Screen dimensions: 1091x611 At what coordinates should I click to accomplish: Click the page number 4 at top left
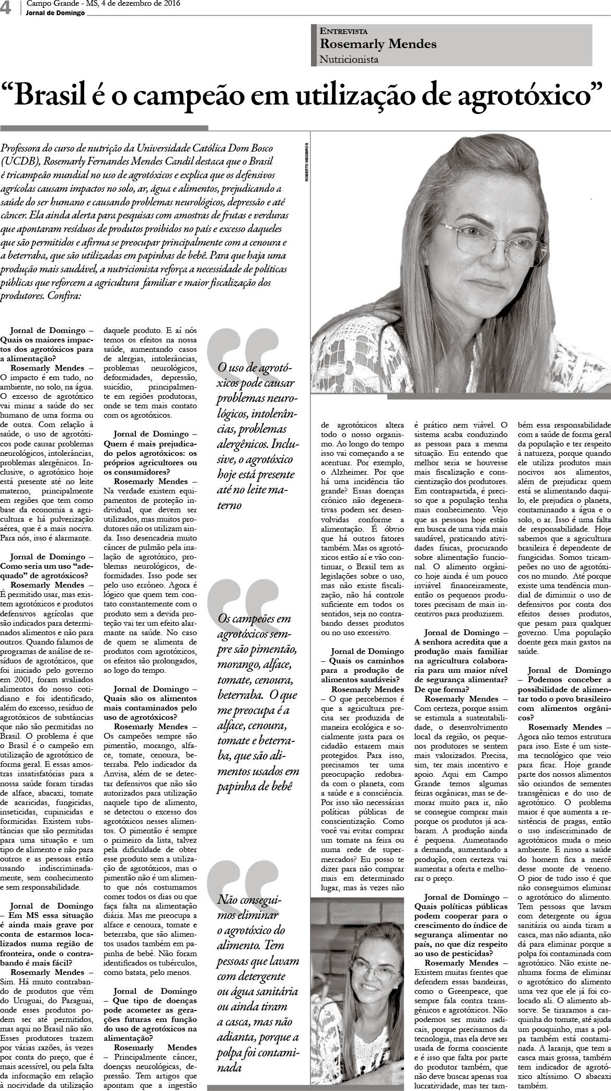point(6,8)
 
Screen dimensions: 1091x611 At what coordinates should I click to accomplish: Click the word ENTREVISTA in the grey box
point(344,31)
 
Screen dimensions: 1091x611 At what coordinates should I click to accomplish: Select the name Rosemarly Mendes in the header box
point(378,44)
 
